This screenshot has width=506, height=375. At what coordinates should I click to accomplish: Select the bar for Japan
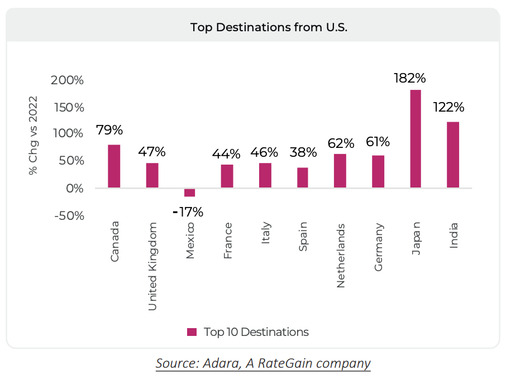click(x=416, y=138)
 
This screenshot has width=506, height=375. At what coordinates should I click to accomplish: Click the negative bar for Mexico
click(x=190, y=193)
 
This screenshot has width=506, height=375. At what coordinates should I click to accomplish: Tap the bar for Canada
click(x=114, y=166)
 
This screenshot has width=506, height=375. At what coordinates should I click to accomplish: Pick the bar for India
click(x=453, y=155)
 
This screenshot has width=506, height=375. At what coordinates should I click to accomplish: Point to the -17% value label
click(x=188, y=212)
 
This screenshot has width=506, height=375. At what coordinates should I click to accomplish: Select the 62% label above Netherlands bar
click(x=340, y=142)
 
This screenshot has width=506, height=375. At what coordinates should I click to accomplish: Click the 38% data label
click(x=303, y=152)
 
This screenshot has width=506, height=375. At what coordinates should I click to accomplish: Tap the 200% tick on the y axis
click(x=67, y=80)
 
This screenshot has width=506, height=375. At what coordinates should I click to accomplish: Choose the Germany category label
click(x=379, y=247)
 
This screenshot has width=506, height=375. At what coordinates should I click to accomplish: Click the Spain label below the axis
click(x=303, y=237)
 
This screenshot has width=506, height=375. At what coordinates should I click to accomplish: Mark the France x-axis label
click(x=228, y=241)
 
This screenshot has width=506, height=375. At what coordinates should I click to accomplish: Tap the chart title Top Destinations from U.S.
click(x=253, y=27)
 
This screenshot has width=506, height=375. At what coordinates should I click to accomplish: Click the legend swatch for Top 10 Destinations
click(x=192, y=332)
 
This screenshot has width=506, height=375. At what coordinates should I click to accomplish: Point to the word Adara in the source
click(x=215, y=363)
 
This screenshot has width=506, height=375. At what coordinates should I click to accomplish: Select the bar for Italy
click(x=265, y=175)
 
